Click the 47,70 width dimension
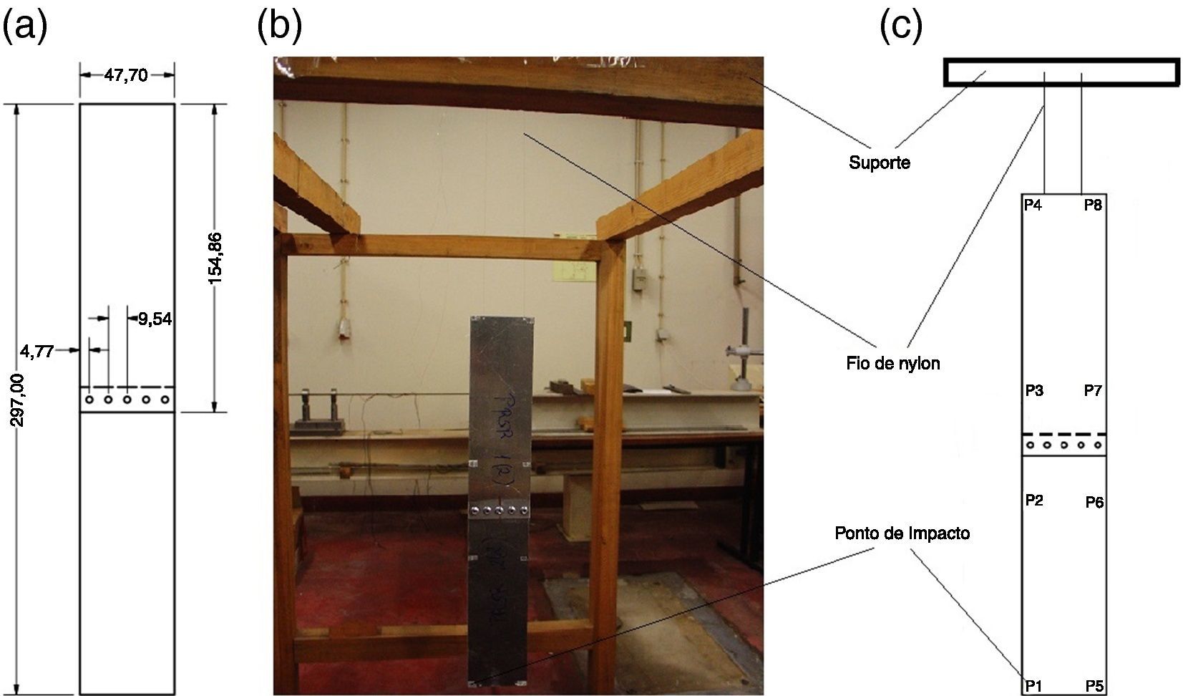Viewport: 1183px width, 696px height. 126,75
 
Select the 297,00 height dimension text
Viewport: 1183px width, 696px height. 19,400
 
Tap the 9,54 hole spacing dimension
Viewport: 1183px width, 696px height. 155,319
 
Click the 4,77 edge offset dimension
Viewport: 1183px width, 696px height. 36,351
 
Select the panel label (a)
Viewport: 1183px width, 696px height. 25,27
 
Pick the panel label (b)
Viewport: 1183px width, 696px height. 280,27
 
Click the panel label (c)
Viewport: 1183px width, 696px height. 900,27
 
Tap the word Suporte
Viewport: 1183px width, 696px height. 880,163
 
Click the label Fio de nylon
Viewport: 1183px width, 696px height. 892,364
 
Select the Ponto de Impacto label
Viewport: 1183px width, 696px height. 902,533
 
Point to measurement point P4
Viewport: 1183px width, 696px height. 1033,205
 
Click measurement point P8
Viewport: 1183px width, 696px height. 1093,205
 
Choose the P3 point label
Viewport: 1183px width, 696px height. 1034,390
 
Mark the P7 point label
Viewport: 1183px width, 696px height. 1093,390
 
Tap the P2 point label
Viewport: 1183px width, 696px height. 1034,500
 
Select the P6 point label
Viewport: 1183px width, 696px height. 1094,502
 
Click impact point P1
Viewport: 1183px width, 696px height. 1033,685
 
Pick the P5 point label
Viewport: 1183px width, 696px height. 1094,685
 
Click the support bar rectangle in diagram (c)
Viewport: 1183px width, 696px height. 1061,72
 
